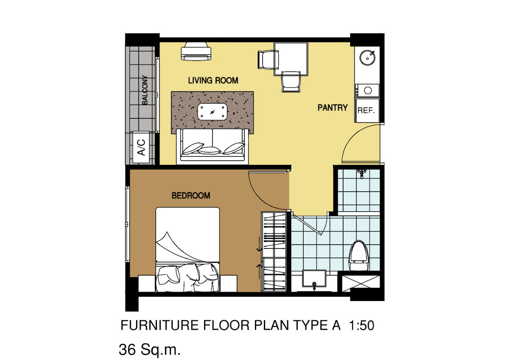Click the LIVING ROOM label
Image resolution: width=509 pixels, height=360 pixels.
tap(213, 81)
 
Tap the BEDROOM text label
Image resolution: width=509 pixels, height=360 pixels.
tap(191, 195)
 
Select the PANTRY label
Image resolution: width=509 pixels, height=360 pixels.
tap(333, 108)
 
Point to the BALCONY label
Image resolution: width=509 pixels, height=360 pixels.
tap(145, 90)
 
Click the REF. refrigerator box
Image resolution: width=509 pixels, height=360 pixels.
tap(367, 110)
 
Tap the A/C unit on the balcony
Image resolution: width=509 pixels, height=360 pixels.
tap(141, 147)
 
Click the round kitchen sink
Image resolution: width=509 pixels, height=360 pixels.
tap(367, 58)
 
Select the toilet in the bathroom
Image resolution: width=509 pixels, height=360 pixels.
tap(358, 255)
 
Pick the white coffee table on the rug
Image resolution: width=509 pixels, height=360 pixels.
tap(213, 112)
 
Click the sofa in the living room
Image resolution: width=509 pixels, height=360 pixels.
tap(213, 146)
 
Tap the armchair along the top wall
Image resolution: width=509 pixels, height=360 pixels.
tap(196, 51)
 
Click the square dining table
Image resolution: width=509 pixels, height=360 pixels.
tap(291, 59)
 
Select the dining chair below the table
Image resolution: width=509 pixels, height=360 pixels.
tap(291, 81)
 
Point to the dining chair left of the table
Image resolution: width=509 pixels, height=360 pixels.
tap(268, 59)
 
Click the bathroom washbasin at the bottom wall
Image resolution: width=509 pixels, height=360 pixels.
tap(314, 279)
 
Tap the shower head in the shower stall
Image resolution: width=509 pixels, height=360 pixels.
tap(362, 173)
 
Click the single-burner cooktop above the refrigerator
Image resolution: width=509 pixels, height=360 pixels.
tap(367, 91)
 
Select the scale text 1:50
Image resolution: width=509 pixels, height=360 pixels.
tap(361, 326)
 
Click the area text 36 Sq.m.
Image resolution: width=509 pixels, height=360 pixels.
tap(149, 350)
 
